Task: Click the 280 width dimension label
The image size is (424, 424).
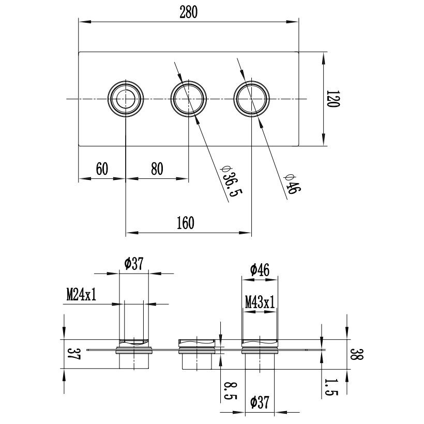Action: click(x=189, y=12)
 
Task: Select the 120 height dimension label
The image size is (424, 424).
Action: click(x=333, y=99)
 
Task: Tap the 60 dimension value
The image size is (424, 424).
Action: click(x=102, y=169)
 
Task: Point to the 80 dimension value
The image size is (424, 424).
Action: click(x=157, y=169)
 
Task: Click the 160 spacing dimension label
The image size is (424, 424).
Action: click(x=186, y=223)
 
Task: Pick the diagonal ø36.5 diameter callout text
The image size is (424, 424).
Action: click(x=231, y=181)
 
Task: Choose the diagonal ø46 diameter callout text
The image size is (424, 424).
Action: click(x=292, y=185)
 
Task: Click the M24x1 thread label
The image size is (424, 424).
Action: click(x=81, y=295)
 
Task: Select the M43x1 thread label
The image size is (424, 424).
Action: click(x=260, y=302)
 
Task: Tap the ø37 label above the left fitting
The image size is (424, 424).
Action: click(x=134, y=264)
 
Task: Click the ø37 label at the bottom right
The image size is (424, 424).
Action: click(x=260, y=402)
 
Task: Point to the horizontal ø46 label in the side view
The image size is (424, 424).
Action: click(x=260, y=270)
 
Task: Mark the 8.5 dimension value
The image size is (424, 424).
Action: click(x=231, y=391)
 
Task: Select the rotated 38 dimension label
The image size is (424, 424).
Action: click(x=357, y=354)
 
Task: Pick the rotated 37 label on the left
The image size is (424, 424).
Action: click(x=73, y=354)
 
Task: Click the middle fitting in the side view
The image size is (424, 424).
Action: click(x=196, y=354)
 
